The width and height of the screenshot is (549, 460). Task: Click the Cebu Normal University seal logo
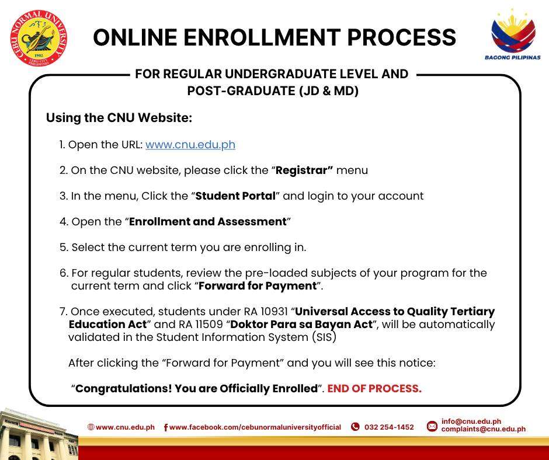coord(39,38)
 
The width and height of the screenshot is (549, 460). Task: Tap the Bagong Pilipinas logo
coord(513,34)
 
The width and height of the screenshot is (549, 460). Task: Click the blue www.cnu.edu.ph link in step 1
coord(190,145)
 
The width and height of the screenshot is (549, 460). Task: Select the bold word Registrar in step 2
coord(304,170)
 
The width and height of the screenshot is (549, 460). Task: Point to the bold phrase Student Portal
coord(235,196)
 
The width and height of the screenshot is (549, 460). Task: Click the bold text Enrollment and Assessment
coord(208,222)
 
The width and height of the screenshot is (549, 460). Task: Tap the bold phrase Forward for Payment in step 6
coord(258,285)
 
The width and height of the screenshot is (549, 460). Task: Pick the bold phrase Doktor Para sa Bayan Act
coord(301,325)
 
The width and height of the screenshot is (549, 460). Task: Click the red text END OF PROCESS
coord(374,388)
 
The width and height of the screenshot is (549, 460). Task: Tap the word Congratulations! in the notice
coord(124,389)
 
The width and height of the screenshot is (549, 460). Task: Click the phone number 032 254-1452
coord(389,427)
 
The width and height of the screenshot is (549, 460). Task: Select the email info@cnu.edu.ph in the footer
coord(471,421)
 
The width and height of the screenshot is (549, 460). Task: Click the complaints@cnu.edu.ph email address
coord(483,429)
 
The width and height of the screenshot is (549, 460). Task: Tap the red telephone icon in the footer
coord(355,427)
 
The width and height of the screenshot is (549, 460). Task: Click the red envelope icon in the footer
coord(432,426)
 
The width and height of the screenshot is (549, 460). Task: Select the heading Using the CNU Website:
coord(119,117)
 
